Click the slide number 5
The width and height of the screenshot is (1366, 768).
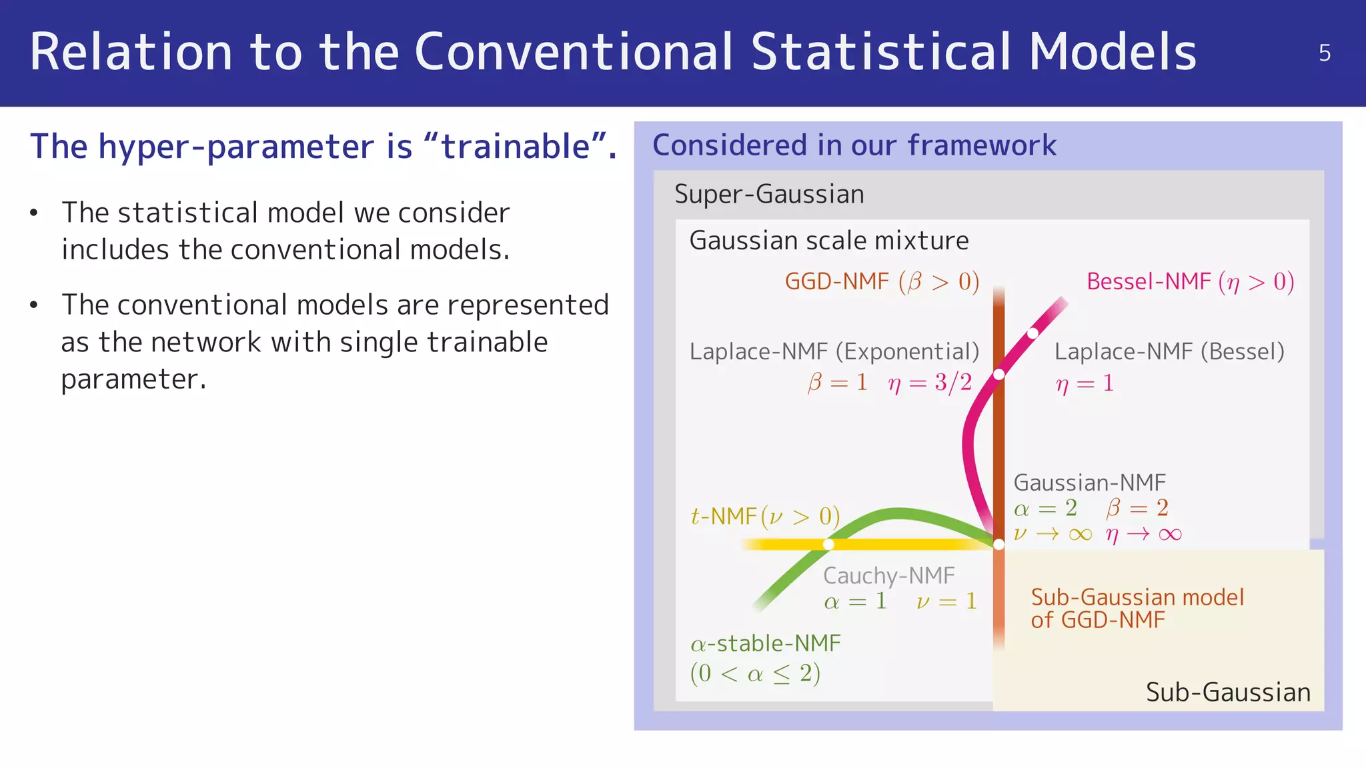point(1325,53)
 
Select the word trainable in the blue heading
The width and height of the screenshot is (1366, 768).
point(516,146)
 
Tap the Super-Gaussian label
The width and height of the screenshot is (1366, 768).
point(769,194)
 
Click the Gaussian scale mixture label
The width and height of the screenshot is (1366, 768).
point(828,240)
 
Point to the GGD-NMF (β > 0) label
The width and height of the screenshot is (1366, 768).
point(882,281)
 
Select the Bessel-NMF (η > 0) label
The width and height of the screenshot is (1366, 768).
point(1190,281)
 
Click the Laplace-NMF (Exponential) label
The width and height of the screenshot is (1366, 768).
point(834,351)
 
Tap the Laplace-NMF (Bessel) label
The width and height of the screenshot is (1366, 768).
point(1169,351)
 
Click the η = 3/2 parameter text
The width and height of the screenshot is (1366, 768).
point(930,383)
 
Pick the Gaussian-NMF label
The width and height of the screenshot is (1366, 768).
point(1089,482)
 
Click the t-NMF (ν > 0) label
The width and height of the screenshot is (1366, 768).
point(765,516)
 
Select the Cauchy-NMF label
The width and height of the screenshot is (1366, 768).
point(888,575)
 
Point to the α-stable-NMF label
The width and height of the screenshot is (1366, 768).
point(765,643)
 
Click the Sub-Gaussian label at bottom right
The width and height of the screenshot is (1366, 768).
point(1228,692)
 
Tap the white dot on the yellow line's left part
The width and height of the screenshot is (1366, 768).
point(828,545)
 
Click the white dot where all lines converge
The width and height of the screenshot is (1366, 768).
point(998,545)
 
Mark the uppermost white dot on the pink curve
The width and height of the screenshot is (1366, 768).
point(1033,333)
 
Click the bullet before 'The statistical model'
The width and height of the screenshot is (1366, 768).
point(34,213)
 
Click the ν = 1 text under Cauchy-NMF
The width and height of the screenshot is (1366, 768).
point(946,601)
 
